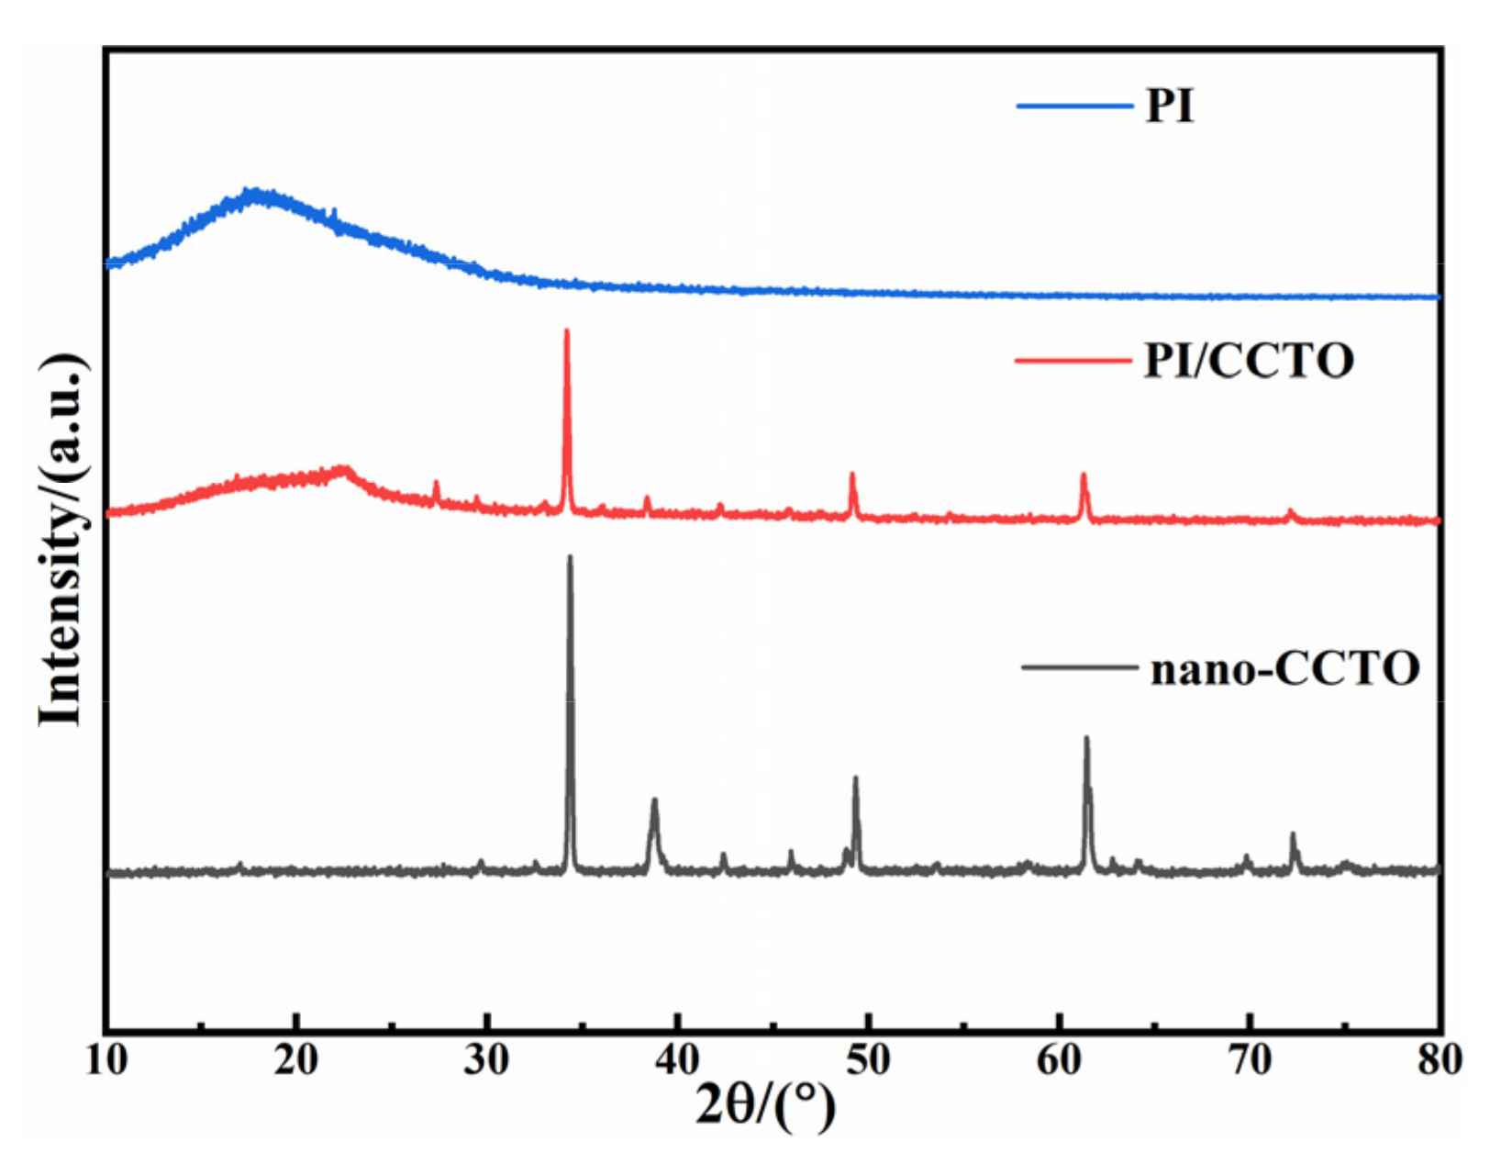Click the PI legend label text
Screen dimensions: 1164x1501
(1170, 106)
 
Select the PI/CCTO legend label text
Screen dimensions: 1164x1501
(1249, 360)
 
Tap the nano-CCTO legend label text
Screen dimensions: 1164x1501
(1284, 668)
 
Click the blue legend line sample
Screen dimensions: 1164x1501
(1074, 106)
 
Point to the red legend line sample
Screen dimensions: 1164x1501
(1073, 361)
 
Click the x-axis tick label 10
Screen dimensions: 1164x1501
(106, 1059)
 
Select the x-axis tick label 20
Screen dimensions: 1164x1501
(296, 1059)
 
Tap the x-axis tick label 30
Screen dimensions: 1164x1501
(486, 1059)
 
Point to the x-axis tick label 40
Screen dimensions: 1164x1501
(677, 1059)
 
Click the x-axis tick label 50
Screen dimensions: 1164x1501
(868, 1059)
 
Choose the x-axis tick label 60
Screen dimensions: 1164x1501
(1059, 1059)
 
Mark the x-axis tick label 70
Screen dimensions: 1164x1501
(1249, 1059)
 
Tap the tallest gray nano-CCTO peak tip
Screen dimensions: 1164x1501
(570, 556)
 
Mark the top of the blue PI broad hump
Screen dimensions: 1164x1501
(254, 193)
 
